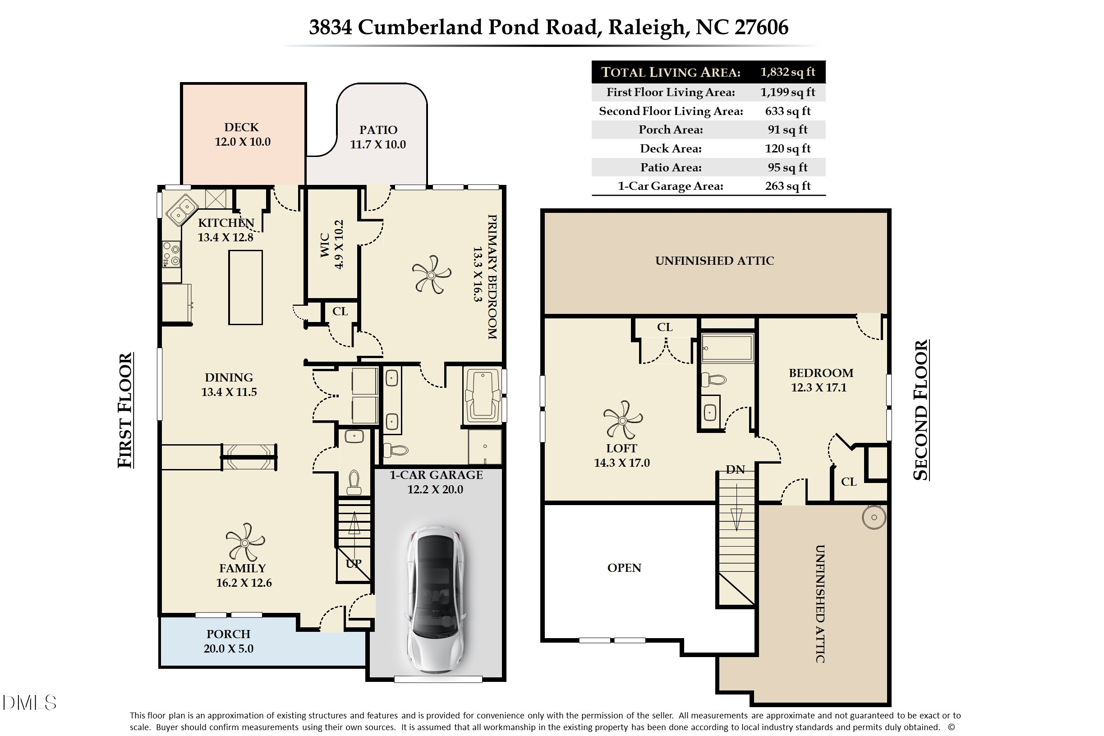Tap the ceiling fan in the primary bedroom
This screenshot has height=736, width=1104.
[x=432, y=275]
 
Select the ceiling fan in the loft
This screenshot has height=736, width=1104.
[x=622, y=419]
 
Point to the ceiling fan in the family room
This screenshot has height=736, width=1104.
[x=244, y=542]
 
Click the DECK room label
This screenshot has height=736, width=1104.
[x=241, y=127]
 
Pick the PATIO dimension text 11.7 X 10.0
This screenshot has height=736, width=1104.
[x=378, y=144]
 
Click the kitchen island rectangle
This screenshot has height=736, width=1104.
[x=245, y=287]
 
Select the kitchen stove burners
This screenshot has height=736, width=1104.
[x=171, y=254]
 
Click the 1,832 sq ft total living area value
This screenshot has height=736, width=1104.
[x=787, y=72]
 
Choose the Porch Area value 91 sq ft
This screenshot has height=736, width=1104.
[x=787, y=129]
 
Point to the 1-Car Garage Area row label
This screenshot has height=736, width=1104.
[x=670, y=186]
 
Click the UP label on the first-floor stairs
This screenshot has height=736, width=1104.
[x=354, y=563]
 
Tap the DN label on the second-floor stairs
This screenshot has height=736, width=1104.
[x=735, y=469]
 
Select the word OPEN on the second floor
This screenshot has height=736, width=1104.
[x=624, y=567]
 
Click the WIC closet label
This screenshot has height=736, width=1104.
[x=324, y=244]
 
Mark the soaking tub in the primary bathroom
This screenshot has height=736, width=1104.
[x=483, y=395]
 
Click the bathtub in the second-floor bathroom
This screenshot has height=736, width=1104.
[x=727, y=348]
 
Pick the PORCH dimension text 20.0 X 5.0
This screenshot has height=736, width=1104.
[x=228, y=648]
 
